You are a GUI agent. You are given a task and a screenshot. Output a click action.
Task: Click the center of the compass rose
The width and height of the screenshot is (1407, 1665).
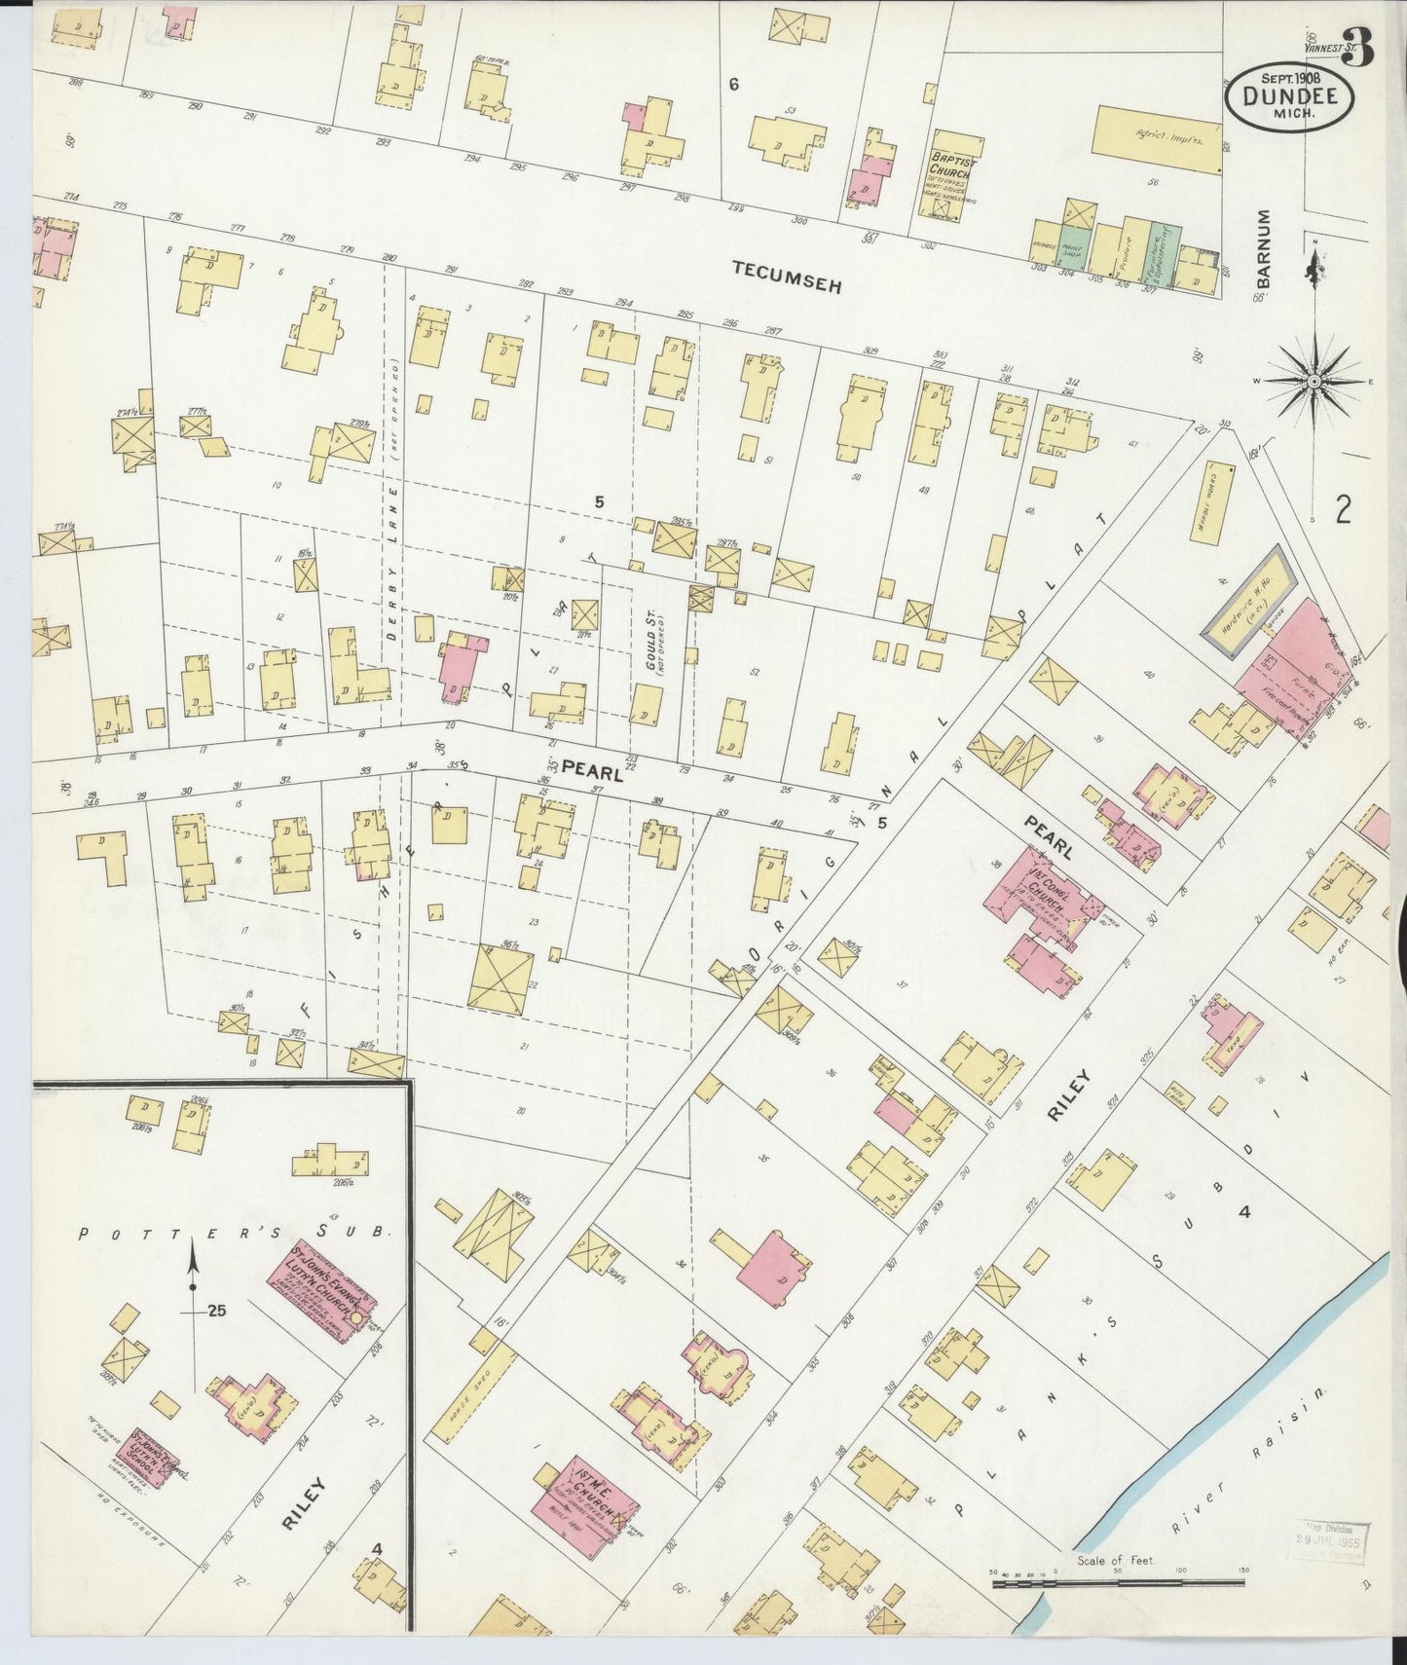coord(1314,381)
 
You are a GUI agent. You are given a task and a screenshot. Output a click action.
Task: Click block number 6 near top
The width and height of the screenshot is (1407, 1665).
coord(733,85)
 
